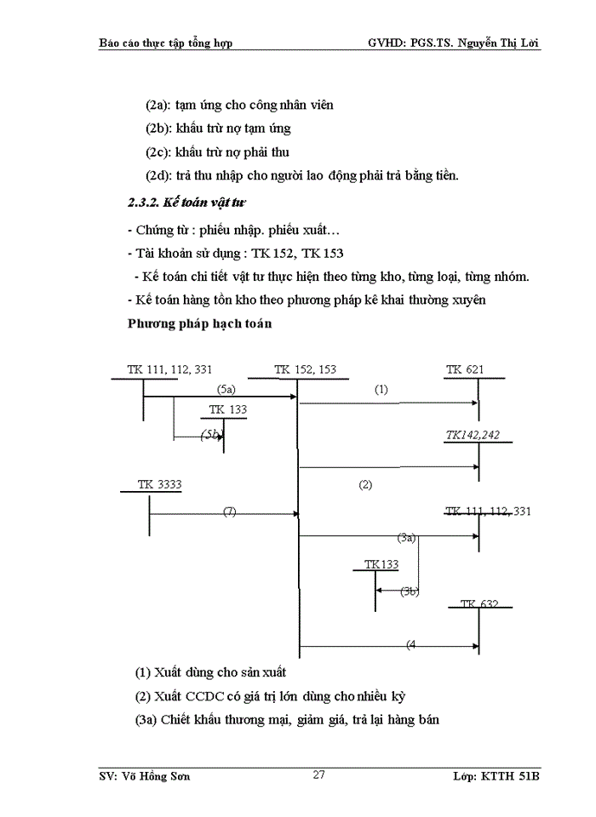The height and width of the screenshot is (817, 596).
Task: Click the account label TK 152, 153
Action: click(x=305, y=369)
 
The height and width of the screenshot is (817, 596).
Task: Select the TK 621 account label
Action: click(x=465, y=369)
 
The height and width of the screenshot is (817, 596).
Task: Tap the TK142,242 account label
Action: click(x=473, y=435)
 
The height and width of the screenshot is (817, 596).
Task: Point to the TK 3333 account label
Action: click(x=159, y=485)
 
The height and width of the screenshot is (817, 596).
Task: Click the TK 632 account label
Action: click(x=479, y=604)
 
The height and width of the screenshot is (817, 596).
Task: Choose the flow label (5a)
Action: click(x=226, y=389)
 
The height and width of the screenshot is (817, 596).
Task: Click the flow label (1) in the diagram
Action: click(x=381, y=389)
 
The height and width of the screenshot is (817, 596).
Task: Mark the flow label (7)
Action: click(x=229, y=511)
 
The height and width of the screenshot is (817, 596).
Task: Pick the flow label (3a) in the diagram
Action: click(x=407, y=537)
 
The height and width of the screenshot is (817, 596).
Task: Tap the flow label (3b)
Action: click(x=410, y=591)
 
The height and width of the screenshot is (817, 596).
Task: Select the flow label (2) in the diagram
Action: click(x=365, y=485)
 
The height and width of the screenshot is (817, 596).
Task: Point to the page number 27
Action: click(x=319, y=774)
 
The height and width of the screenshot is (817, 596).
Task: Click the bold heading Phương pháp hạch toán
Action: click(x=200, y=323)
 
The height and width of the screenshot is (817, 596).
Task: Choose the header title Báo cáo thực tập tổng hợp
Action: click(x=166, y=43)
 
